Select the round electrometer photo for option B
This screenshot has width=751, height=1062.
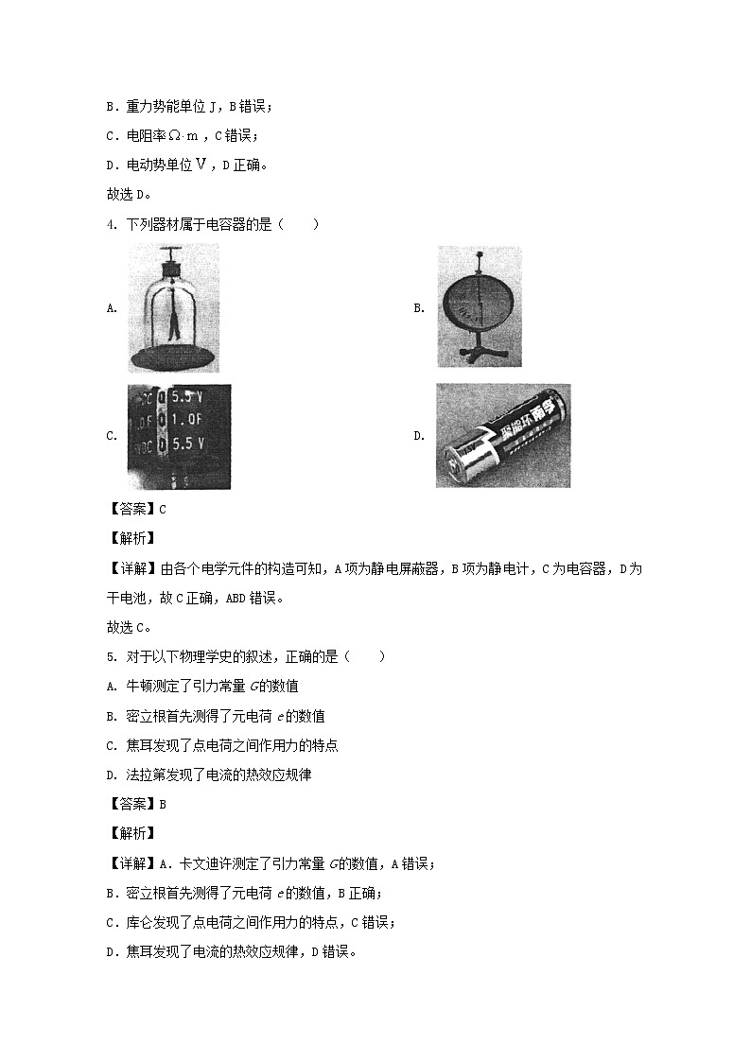click(x=479, y=307)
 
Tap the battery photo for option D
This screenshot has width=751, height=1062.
click(x=502, y=436)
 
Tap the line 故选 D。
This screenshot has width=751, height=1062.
click(x=131, y=195)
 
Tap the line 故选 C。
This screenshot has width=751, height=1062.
click(x=131, y=626)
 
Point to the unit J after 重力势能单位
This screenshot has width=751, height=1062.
click(x=213, y=106)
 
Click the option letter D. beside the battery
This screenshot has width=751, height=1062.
click(x=418, y=436)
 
